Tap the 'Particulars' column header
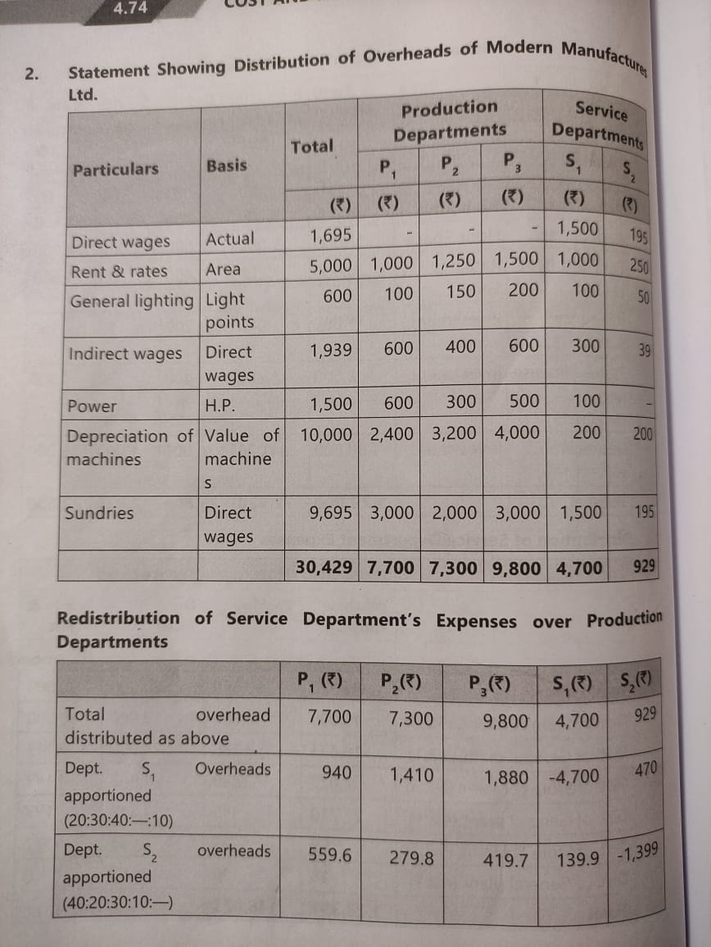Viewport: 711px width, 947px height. pyautogui.click(x=115, y=170)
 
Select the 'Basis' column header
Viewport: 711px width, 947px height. pyautogui.click(x=227, y=165)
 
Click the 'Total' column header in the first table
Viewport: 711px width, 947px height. pyautogui.click(x=312, y=147)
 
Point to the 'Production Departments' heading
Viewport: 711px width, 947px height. pyautogui.click(x=450, y=120)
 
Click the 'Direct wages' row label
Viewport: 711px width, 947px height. pyautogui.click(x=120, y=242)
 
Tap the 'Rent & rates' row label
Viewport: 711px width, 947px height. pyautogui.click(x=119, y=271)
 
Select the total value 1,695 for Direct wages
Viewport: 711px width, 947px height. pyautogui.click(x=331, y=237)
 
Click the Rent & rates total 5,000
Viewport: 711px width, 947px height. pyautogui.click(x=331, y=265)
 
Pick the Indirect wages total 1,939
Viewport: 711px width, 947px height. pyautogui.click(x=331, y=350)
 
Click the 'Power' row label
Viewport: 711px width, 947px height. pyautogui.click(x=92, y=406)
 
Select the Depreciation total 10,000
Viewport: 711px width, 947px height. pyautogui.click(x=326, y=433)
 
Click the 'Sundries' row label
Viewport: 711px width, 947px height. pyautogui.click(x=99, y=513)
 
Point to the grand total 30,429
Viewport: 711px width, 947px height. pyautogui.click(x=325, y=568)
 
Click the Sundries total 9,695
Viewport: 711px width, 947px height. pyautogui.click(x=331, y=513)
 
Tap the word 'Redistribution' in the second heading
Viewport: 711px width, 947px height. pyautogui.click(x=118, y=618)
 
